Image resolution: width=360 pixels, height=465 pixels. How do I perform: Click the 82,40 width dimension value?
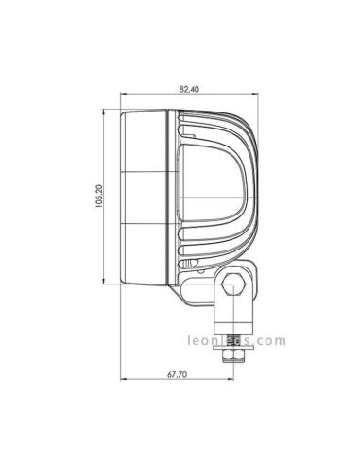188,89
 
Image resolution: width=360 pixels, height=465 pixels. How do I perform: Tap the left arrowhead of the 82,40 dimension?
122,95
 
